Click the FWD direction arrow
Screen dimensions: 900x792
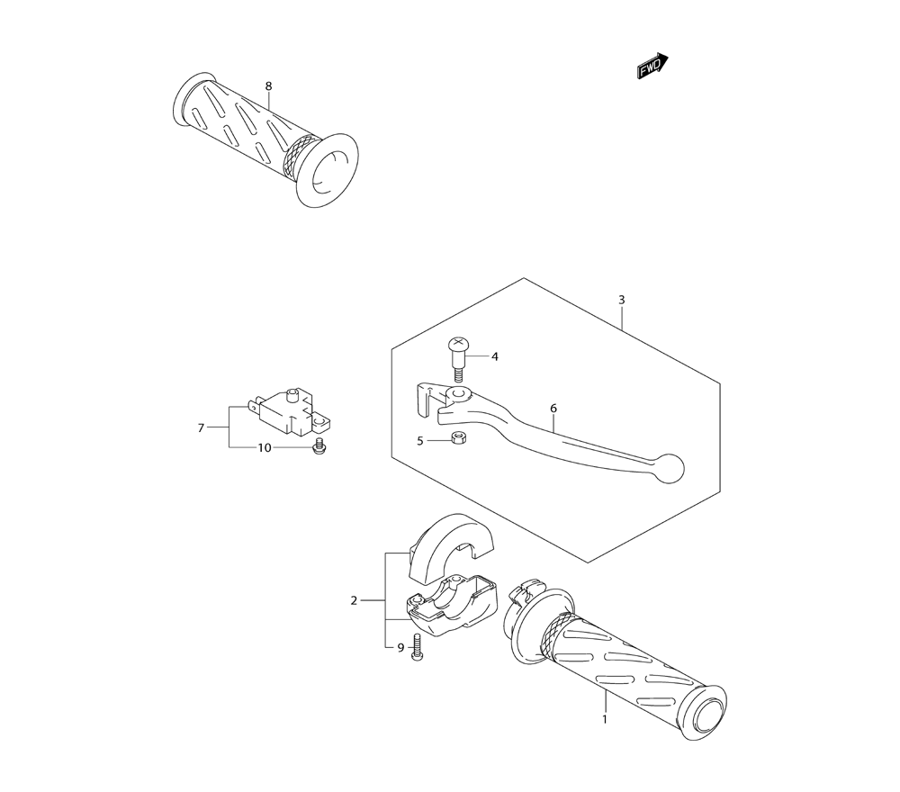pos(652,66)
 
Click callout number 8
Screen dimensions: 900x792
pos(268,86)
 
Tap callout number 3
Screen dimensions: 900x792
pos(622,300)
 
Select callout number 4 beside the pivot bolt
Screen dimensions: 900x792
pos(495,356)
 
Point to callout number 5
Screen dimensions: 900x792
pos(420,441)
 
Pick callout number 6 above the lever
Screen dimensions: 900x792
pos(553,409)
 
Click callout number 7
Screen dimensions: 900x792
pos(201,427)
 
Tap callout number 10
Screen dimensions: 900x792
pos(264,447)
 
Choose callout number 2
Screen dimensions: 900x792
pos(354,601)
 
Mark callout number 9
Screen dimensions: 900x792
pos(400,647)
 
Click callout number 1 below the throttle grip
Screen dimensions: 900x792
pos(605,718)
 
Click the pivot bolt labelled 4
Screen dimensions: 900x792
pos(456,360)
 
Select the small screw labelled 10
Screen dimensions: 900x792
pos(317,447)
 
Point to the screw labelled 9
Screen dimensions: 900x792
pos(416,648)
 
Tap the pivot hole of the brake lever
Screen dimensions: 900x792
pos(457,394)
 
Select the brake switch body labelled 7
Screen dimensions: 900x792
pos(290,411)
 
